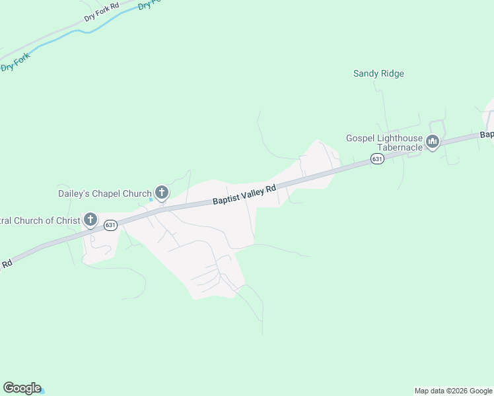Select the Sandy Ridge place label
pos(378,73)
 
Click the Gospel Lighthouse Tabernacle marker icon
pos(433,142)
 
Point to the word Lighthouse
pos(400,138)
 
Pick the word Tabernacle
pos(400,147)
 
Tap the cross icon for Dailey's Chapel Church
pos(161,193)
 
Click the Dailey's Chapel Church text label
pos(104,193)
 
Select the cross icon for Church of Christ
pos(90,220)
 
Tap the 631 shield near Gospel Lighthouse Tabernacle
pos(376,159)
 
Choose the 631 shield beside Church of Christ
pos(110,225)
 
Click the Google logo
pos(22,388)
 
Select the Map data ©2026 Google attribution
pos(453,391)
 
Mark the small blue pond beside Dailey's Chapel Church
pos(151,200)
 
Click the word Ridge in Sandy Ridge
pos(392,73)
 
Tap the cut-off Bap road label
pos(487,135)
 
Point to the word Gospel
pos(361,138)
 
